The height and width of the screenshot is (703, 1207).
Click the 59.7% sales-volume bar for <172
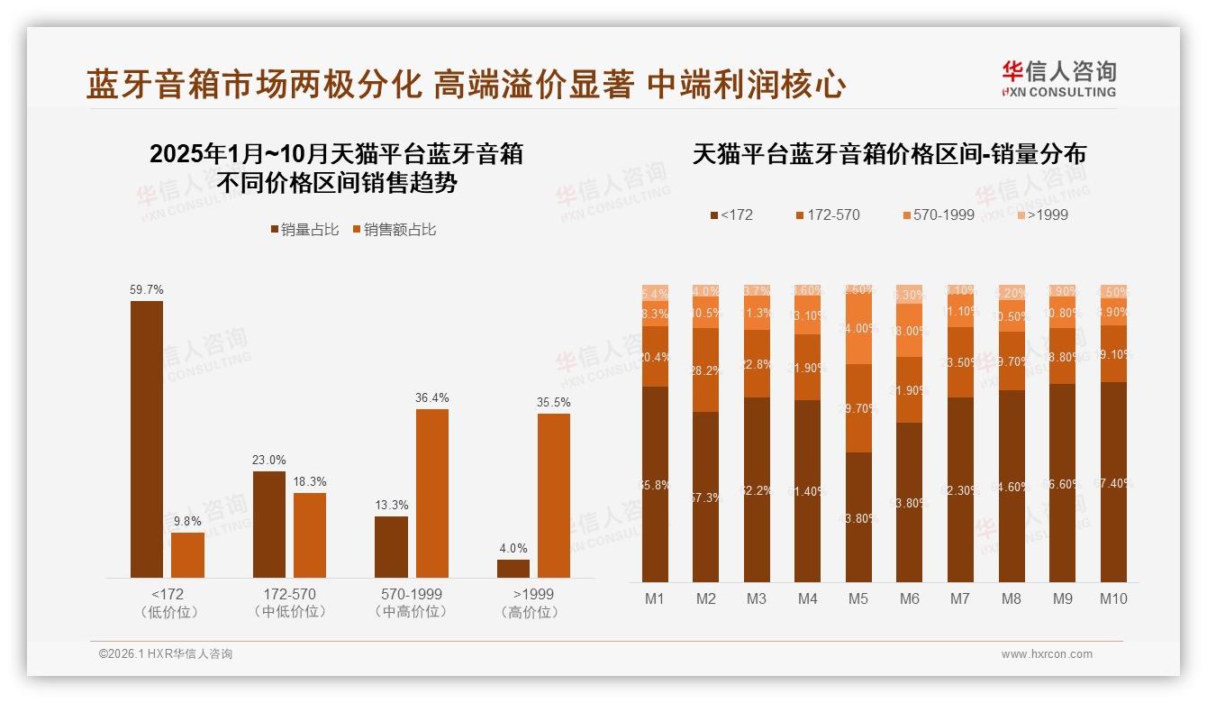[x=147, y=439]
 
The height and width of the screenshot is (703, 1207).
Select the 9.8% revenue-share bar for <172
[x=187, y=555]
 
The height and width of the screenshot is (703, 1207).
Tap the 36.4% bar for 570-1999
[x=431, y=493]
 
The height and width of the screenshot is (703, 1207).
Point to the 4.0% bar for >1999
[x=513, y=569]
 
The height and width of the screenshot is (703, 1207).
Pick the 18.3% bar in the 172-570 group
[x=310, y=534]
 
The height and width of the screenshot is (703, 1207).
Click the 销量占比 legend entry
[x=304, y=230]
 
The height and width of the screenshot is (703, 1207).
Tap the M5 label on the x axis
[x=858, y=598]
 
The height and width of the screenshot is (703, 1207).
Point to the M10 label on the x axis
[x=1113, y=598]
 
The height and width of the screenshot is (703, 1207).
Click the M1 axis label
[x=655, y=598]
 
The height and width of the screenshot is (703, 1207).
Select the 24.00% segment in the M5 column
[x=858, y=330]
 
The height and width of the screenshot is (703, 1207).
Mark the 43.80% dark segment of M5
[x=858, y=516]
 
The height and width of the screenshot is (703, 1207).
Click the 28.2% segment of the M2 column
[x=706, y=370]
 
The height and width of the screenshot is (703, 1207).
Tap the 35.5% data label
[x=553, y=402]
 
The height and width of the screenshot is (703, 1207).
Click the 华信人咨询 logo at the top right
[x=1058, y=78]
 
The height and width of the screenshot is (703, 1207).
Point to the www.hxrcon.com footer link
[x=1047, y=654]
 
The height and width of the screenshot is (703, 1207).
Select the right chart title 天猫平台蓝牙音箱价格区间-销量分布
[x=889, y=154]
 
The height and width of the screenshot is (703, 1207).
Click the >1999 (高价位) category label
[x=533, y=603]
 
